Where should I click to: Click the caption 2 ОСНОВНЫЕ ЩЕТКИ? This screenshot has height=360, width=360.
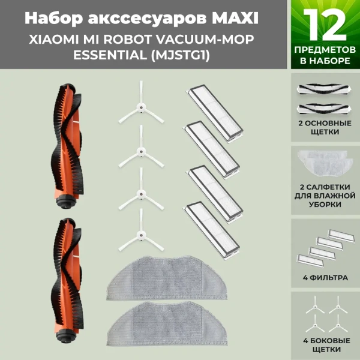325,127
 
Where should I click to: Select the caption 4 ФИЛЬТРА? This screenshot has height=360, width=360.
325,277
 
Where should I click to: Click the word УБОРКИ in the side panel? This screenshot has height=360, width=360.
325,205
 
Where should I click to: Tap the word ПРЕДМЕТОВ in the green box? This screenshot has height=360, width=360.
325,52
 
